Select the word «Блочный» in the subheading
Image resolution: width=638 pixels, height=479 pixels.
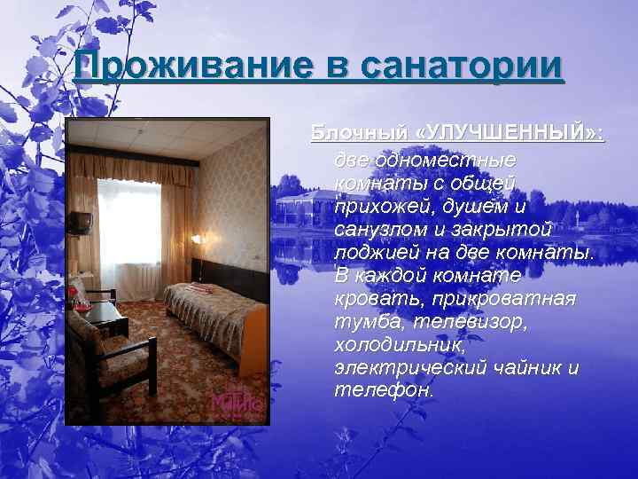coord(360,133)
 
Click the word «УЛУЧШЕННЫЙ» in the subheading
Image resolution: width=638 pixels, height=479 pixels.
coord(510,133)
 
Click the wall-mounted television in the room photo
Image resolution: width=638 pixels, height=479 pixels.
coord(81,222)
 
